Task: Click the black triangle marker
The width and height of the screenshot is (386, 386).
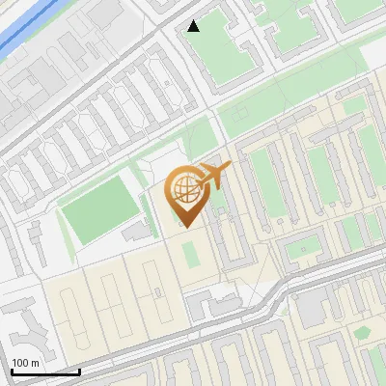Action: coord(194,26)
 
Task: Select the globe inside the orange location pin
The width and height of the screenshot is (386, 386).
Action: coord(186,189)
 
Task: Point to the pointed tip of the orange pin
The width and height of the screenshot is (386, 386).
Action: coord(186,226)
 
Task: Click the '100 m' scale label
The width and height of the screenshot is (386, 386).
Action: coord(26,362)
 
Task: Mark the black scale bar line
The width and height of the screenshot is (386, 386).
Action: coord(44,372)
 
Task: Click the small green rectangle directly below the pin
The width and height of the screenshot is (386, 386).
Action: coord(191,255)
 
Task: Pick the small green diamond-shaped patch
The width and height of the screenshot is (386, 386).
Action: coord(363,333)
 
